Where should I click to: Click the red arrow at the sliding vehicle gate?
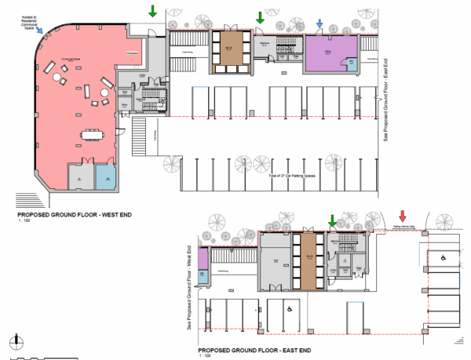tap(403, 216)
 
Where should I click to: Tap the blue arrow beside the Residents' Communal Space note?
tap(39, 31)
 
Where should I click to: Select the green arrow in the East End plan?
tap(332, 224)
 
